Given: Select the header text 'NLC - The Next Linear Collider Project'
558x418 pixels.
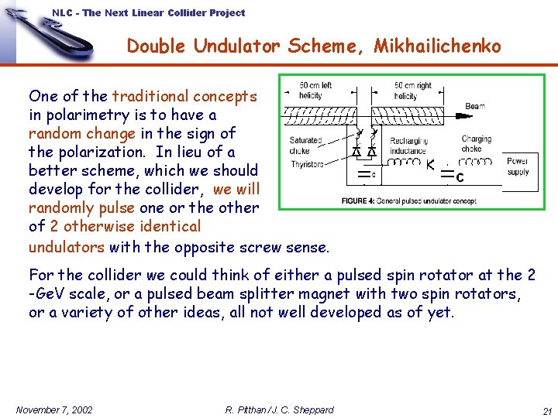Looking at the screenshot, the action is (149, 12).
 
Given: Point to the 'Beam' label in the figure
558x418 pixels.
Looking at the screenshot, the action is (475, 106).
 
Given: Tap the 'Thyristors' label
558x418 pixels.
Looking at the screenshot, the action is (307, 164).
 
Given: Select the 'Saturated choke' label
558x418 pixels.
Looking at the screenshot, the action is (305, 146).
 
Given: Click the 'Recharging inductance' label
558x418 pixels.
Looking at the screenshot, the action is (408, 146).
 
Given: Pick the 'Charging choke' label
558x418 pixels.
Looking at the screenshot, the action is (476, 144).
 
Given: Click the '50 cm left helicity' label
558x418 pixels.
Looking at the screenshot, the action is (315, 90).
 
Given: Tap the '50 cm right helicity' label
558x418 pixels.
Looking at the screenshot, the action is (412, 90).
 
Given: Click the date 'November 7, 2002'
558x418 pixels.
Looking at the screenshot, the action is (54, 409).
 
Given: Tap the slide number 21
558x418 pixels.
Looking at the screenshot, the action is (546, 410).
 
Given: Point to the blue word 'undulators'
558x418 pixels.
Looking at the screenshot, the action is (67, 248).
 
